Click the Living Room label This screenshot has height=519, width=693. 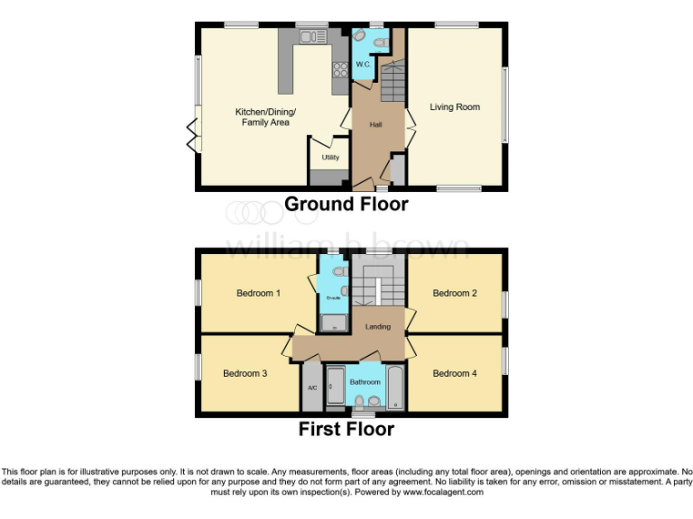pos(455,107)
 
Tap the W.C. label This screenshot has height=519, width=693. pos(363,65)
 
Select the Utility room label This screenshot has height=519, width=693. pos(330,158)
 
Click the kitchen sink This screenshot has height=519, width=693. pos(312,37)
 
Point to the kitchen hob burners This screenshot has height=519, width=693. pos(341,68)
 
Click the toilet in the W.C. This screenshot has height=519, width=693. pos(359,37)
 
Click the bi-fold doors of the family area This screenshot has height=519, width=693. pos(191,135)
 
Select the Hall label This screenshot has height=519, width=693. pos(375,124)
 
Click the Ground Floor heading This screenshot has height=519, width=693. pos(346,205)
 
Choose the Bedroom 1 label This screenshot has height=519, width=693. pos(258,293)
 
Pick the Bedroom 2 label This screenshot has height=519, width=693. pos(454,293)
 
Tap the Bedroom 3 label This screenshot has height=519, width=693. pos(245,373)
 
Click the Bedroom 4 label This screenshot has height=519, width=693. pos(454,373)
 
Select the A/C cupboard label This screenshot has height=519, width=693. pos(312,388)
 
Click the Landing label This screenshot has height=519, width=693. pos(377,326)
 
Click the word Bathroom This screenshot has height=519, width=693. pos(365,382)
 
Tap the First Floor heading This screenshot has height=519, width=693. pos(346,430)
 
